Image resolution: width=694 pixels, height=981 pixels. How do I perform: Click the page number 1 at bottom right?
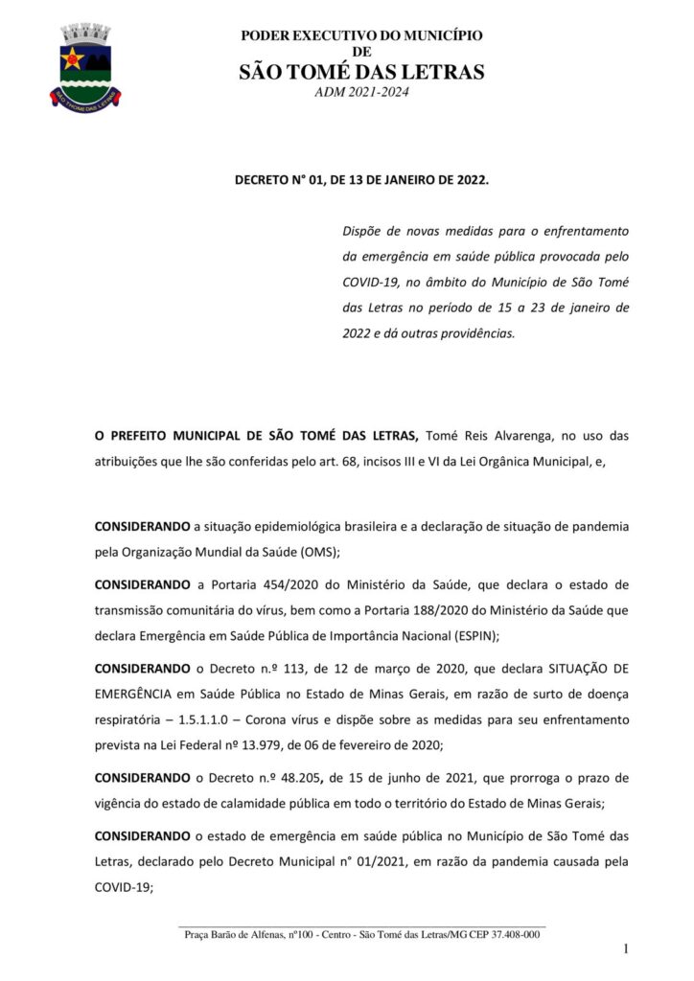point(625,948)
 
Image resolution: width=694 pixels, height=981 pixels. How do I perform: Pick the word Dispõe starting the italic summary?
point(364,231)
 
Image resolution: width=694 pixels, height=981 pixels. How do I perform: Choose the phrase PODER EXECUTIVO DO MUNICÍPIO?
point(361,35)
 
